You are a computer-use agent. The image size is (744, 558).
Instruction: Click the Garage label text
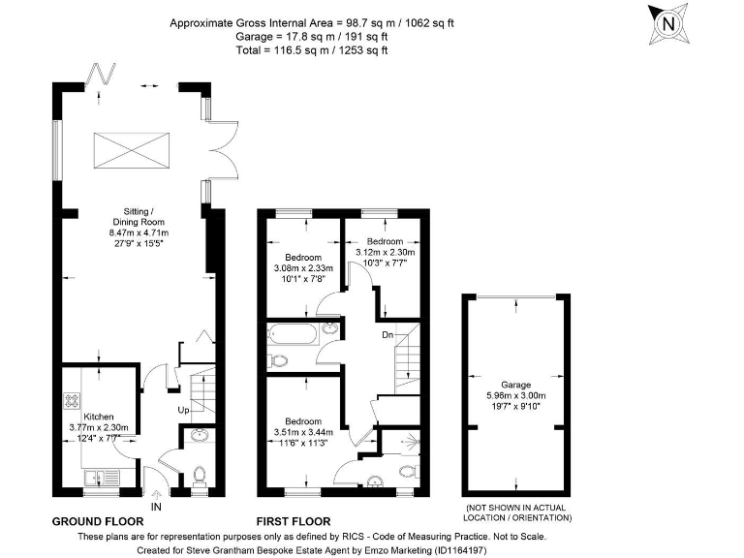pos(515,385)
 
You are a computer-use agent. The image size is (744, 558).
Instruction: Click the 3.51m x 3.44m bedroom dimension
pos(302,432)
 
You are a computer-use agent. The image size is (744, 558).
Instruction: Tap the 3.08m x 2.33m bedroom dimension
pos(302,267)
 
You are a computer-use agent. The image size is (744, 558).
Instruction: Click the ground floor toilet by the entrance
pos(200,477)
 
